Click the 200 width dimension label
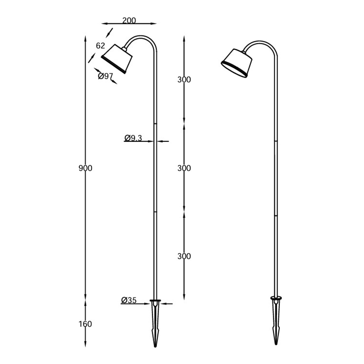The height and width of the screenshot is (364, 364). click(x=129, y=21)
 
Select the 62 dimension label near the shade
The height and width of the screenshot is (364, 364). click(x=100, y=46)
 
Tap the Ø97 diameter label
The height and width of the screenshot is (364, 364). click(x=106, y=76)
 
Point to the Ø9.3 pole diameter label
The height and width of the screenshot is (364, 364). click(x=133, y=138)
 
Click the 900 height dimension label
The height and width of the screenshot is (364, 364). click(x=85, y=168)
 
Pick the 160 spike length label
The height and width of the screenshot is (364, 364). click(x=85, y=324)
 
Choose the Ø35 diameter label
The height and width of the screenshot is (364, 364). click(x=129, y=300)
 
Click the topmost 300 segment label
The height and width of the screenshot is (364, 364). click(x=184, y=80)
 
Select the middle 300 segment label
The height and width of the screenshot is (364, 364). click(x=184, y=168)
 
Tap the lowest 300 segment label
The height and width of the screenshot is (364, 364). click(x=184, y=256)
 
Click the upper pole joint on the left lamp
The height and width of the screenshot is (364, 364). click(x=156, y=124)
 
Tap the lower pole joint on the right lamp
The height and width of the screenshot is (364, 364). click(x=276, y=216)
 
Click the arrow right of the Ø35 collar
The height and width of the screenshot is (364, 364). click(x=167, y=303)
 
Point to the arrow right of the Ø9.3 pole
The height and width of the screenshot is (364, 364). click(x=164, y=141)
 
